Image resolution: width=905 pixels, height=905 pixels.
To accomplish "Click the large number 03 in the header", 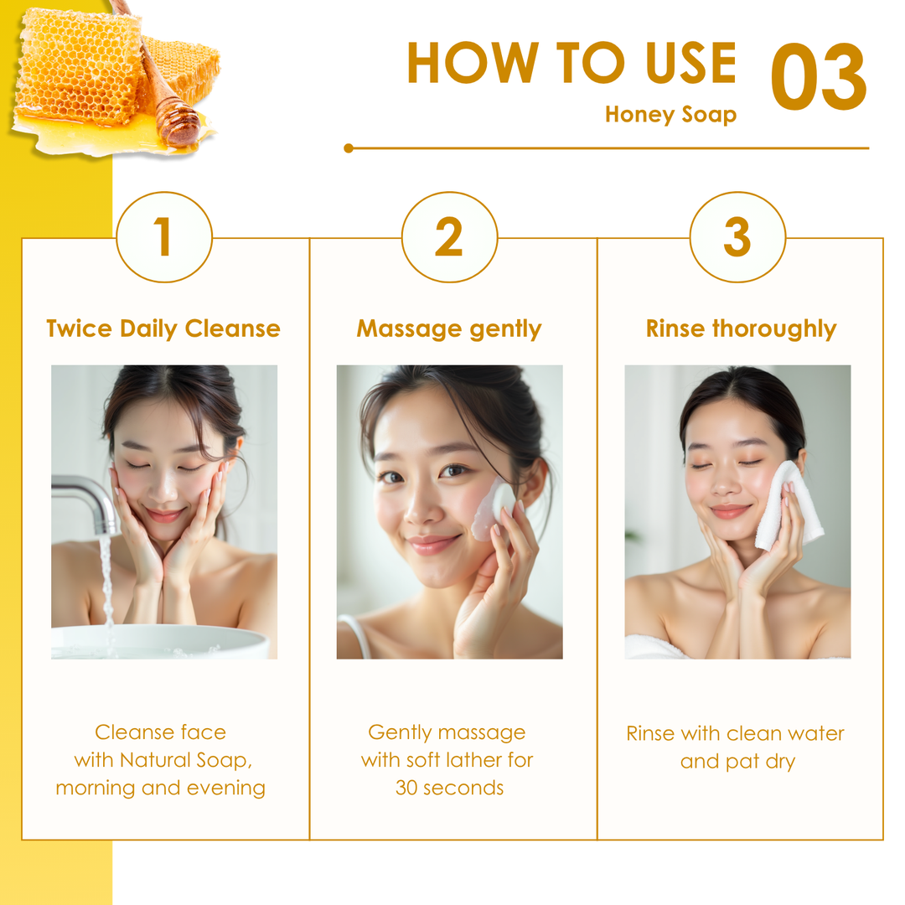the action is click(x=819, y=77).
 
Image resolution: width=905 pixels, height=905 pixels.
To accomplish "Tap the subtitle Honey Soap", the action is click(x=670, y=114).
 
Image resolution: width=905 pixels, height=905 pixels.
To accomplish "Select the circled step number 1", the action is click(x=164, y=236).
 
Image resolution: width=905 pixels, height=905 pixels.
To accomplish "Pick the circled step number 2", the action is click(x=450, y=236).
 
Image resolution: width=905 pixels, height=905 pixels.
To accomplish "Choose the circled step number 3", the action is click(x=737, y=236).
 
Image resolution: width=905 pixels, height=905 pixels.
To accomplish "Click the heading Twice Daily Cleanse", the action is click(x=163, y=328).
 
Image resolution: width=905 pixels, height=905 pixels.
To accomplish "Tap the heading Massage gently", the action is click(x=449, y=329).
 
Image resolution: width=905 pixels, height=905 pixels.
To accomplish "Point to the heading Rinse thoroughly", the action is click(x=741, y=329).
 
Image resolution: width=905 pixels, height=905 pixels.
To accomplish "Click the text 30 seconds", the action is click(x=450, y=788).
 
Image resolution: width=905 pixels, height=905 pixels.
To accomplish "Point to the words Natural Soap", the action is click(x=186, y=760).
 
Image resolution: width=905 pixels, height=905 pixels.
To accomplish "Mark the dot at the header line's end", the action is click(x=348, y=148).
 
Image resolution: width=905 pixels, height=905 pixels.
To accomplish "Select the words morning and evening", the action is click(x=160, y=788).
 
